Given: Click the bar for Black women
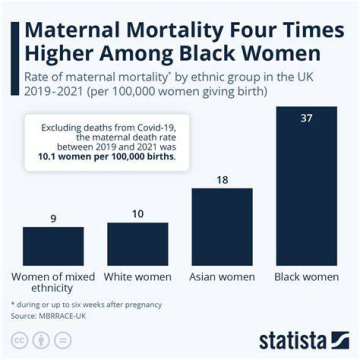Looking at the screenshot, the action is click(306, 186).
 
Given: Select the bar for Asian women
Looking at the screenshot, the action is click(222, 227).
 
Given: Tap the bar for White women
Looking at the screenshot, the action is click(137, 244).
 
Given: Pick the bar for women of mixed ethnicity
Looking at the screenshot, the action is click(53, 246).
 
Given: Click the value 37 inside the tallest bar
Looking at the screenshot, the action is click(306, 118).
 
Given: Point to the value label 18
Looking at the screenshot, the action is click(222, 180).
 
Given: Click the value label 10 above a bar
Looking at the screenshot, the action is click(138, 214).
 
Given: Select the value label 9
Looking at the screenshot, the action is click(53, 218).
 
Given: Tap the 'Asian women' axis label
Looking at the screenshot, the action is click(222, 277).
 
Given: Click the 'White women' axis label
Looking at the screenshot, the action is click(137, 277).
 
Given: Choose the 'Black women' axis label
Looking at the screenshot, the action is click(306, 277).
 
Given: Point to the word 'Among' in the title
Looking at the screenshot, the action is click(136, 54).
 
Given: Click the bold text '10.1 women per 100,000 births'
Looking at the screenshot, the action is click(105, 156).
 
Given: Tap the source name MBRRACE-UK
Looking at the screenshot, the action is click(62, 316).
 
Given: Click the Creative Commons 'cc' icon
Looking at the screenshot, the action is click(19, 340).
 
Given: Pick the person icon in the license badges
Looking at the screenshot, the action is click(41, 340).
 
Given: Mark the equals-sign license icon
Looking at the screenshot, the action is click(63, 340).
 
